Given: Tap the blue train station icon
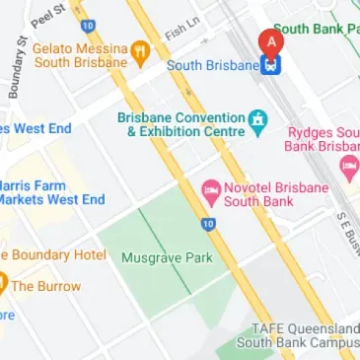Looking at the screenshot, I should point(268,66).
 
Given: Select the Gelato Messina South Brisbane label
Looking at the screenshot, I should point(80,54).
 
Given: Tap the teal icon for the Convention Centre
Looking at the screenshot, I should point(257,121).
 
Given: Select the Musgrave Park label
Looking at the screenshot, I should point(153,257).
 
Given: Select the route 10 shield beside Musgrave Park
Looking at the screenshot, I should point(207,224).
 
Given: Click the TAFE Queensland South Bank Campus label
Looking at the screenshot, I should point(297,335).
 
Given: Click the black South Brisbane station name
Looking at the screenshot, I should point(211,66).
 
